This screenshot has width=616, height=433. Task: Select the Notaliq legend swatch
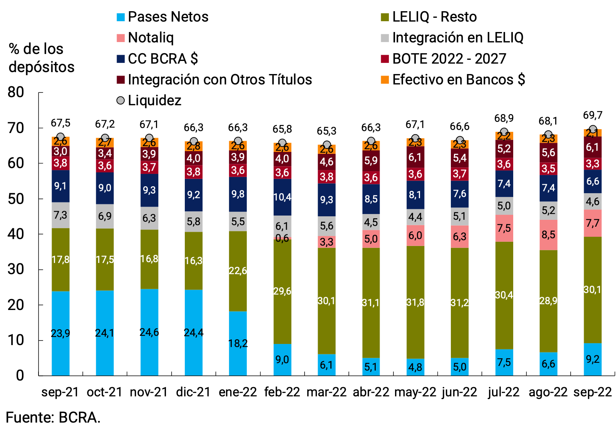(x=121, y=38)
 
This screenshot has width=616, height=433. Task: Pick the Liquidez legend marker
(x=121, y=101)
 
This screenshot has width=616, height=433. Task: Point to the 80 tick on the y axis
(x=16, y=92)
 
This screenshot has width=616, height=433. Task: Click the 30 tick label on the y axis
(x=16, y=269)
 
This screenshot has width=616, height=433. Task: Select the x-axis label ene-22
(x=238, y=392)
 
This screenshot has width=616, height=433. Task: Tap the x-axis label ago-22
(x=548, y=392)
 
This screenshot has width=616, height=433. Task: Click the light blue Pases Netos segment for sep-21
(x=60, y=333)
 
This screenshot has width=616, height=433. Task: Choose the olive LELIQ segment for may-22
(x=415, y=302)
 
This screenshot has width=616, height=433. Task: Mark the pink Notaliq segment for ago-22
(x=548, y=235)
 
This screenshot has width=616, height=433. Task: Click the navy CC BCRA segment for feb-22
(x=282, y=197)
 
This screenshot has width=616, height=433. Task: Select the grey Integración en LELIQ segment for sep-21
(x=60, y=215)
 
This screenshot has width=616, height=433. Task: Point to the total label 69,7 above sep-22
(x=593, y=115)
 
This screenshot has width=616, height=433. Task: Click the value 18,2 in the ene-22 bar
(x=238, y=343)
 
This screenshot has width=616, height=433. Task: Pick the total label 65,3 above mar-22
(x=326, y=131)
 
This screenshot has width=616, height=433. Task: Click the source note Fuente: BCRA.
(x=53, y=418)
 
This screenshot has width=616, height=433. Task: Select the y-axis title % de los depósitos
(x=41, y=58)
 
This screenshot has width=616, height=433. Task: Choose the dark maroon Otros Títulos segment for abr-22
(x=371, y=160)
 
